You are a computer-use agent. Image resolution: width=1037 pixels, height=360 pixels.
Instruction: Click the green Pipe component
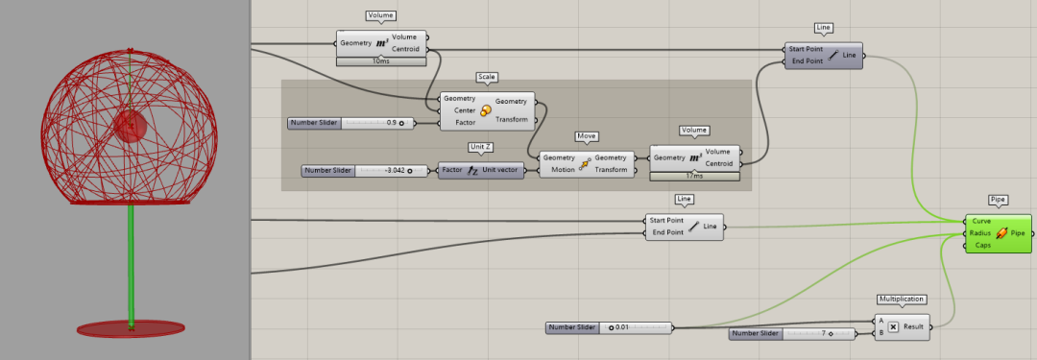[x=998, y=233]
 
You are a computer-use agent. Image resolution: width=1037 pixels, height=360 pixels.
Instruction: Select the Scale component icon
[x=486, y=110]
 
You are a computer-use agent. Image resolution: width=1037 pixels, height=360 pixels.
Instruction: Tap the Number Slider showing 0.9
[x=351, y=123]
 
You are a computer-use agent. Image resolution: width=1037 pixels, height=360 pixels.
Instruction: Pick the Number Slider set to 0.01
[x=609, y=327]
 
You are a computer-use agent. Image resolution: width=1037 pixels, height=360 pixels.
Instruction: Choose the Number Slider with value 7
[x=792, y=333]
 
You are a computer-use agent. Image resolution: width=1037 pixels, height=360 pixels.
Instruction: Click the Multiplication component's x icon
[x=893, y=327]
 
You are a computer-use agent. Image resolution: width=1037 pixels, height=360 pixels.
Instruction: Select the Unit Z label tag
[x=481, y=147]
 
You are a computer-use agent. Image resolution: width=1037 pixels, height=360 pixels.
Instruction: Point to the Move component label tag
[x=587, y=136]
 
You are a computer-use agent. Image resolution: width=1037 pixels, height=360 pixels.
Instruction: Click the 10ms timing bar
[x=381, y=61]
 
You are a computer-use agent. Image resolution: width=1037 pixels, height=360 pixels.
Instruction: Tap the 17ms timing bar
[x=694, y=176]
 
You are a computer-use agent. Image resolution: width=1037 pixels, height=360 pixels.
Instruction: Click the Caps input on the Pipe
[x=982, y=246]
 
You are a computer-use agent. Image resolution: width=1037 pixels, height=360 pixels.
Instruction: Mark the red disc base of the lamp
[x=131, y=328]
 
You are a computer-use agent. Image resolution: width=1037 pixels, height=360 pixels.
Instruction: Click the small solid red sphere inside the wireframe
[x=131, y=126]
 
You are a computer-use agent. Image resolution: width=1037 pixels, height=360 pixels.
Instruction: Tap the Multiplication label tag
[x=902, y=300]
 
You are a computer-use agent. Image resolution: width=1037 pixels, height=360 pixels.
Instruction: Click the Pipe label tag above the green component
[x=998, y=199]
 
